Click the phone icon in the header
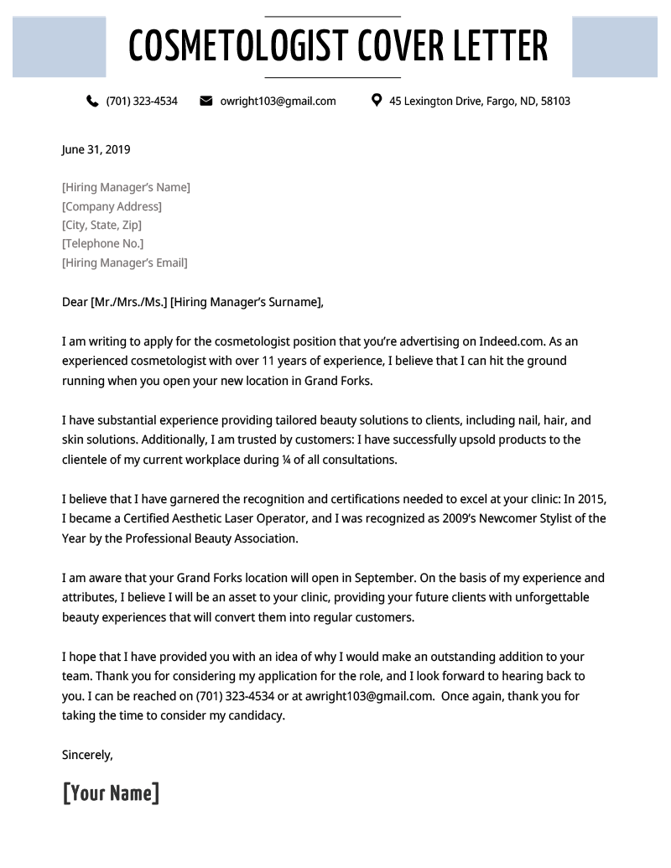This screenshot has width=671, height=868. (92, 101)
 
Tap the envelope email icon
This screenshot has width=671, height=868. (206, 101)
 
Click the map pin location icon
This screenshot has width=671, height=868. (377, 101)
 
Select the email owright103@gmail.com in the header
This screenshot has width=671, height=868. (278, 101)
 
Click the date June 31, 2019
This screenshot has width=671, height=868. (96, 150)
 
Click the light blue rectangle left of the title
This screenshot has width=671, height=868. (59, 47)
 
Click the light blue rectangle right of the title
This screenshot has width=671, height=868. (615, 47)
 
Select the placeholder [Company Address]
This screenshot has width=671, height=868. (112, 206)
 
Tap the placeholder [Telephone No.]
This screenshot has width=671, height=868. (102, 244)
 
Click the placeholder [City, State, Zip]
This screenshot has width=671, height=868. (101, 225)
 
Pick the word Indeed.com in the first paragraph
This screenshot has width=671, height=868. (512, 341)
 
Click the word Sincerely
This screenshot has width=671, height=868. (87, 755)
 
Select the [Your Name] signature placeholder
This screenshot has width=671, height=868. (111, 793)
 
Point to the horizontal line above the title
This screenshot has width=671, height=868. (332, 16)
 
